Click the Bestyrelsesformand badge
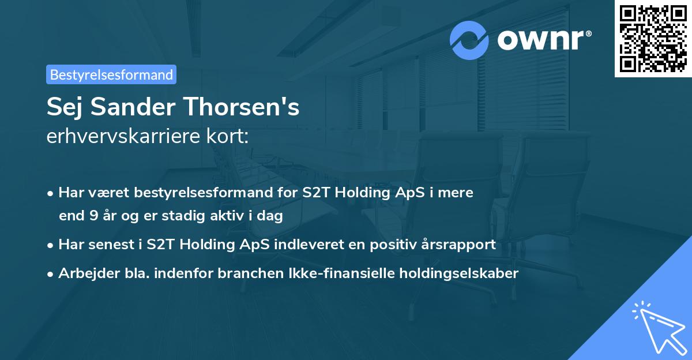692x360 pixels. tap(111, 74)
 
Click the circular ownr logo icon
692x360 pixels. tap(469, 40)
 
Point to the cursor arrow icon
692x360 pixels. tap(657, 326)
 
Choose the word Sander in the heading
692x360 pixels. tap(133, 107)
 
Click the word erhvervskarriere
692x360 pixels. tap(125, 137)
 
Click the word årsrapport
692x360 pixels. tap(465, 244)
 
